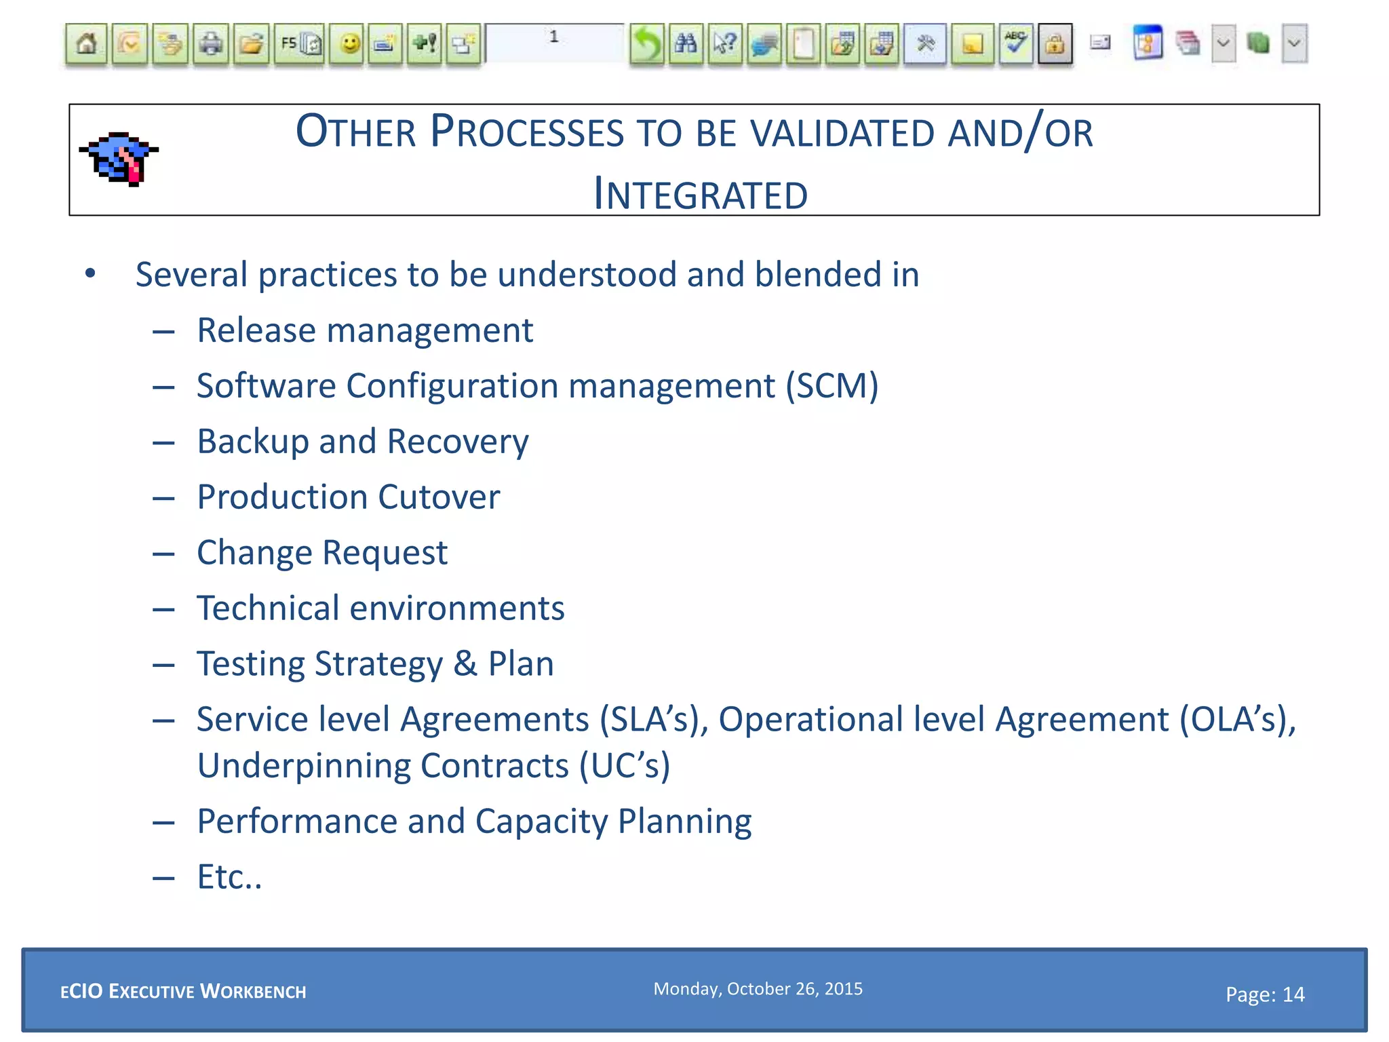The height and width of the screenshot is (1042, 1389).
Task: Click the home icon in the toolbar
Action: (86, 45)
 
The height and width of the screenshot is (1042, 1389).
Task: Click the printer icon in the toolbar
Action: (211, 45)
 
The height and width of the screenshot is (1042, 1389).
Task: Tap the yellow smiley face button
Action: (349, 45)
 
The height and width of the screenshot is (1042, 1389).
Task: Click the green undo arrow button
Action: (646, 45)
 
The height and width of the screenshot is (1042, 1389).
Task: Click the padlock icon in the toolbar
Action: (1055, 45)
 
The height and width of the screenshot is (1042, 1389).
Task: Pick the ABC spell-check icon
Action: (1015, 45)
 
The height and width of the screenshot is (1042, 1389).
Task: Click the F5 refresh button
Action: (299, 45)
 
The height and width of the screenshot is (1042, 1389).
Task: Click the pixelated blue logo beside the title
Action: (119, 159)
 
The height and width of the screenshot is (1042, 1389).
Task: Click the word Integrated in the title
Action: (701, 195)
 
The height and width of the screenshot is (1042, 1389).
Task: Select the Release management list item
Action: (365, 330)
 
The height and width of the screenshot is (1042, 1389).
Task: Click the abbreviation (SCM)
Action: (832, 386)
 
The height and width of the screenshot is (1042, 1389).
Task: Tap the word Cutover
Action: (439, 497)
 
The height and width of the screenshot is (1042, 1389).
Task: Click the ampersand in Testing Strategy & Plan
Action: (465, 663)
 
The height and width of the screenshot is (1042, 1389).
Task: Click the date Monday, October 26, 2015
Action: (758, 988)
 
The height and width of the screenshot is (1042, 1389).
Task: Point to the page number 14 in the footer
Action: (1293, 995)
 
